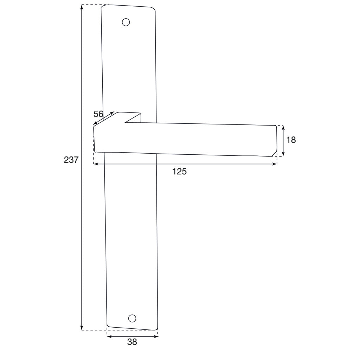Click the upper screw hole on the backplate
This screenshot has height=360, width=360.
coord(126,22)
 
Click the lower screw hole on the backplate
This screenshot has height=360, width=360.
coord(132,318)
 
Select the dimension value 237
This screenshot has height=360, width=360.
coord(71,160)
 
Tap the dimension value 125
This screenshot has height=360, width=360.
coord(179,172)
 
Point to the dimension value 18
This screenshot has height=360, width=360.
coord(291,140)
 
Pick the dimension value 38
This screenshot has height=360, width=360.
coord(132,342)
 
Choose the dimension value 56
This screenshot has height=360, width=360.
coord(98,114)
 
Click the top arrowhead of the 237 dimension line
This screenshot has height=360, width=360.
coord(82,7)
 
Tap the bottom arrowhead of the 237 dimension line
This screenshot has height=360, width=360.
coord(82,328)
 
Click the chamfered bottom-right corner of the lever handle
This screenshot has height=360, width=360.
coord(274,154)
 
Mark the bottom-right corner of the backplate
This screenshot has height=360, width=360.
coord(156,329)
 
